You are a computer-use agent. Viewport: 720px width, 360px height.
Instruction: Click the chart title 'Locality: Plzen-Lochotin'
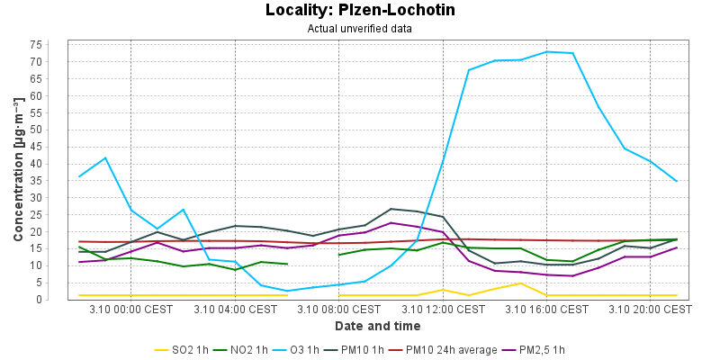(360, 11)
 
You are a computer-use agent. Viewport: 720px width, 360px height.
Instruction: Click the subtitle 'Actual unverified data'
(360, 28)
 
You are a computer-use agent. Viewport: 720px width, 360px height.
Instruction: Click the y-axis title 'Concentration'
(18, 171)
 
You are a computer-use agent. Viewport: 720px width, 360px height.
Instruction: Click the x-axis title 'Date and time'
(377, 326)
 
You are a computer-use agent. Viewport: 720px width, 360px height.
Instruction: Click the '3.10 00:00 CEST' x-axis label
(131, 310)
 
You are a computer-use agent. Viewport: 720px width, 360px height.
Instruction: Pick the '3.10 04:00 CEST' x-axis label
(235, 310)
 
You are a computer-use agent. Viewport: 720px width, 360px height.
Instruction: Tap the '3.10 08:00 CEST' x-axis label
(338, 310)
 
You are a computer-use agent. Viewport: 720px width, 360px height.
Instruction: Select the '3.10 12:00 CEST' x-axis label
(442, 310)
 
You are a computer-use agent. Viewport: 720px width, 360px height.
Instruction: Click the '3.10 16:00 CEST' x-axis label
(545, 310)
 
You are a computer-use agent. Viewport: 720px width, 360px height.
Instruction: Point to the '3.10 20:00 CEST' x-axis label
(649, 310)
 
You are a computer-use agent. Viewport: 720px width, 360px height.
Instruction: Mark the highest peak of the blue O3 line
(547, 51)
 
